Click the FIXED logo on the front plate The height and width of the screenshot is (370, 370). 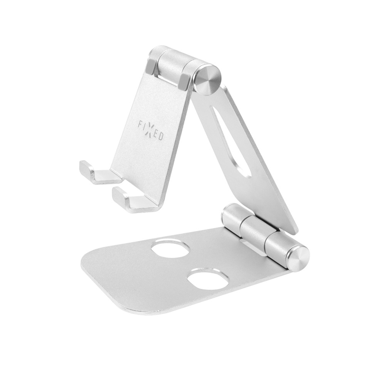(151, 130)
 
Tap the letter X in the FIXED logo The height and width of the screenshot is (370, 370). (151, 130)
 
